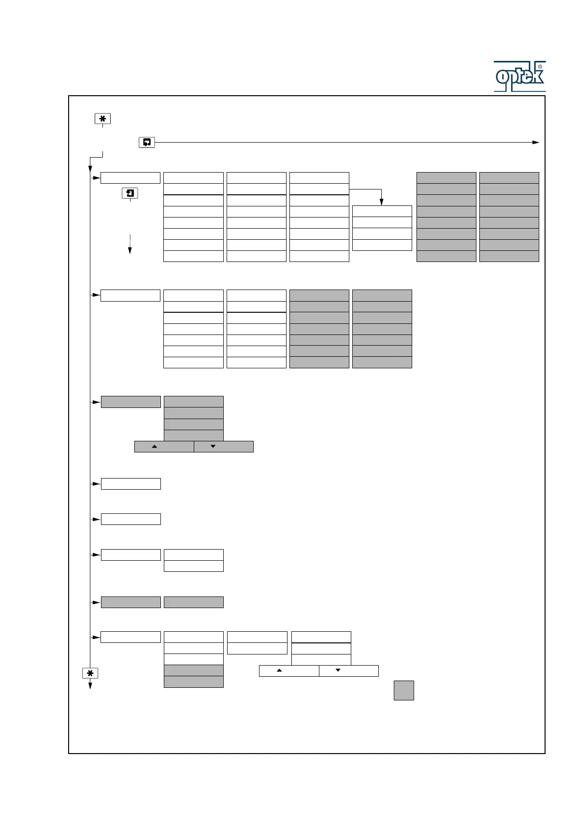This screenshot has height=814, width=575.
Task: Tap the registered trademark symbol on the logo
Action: point(540,67)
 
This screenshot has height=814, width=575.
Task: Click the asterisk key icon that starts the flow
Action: point(102,118)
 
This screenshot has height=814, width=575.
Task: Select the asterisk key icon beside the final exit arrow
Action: point(90,673)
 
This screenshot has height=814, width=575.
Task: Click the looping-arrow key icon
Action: point(147,142)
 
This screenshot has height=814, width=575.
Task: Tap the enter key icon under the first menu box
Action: point(129,193)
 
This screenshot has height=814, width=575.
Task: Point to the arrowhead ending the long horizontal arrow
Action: point(535,142)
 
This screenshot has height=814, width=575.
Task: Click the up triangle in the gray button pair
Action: point(155,447)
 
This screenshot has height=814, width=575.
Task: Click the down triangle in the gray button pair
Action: point(213,447)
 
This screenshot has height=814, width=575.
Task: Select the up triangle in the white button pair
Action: point(279,670)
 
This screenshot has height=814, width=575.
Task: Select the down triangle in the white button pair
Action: point(338,670)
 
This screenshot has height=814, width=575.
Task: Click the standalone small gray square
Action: point(403,690)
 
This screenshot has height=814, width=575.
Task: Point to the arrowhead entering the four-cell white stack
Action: point(381,202)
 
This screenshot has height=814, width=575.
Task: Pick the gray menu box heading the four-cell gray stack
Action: point(131,402)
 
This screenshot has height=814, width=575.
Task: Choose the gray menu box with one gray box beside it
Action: point(131,602)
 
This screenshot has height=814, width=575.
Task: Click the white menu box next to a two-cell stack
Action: point(131,554)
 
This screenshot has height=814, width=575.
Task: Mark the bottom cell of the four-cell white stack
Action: point(382,245)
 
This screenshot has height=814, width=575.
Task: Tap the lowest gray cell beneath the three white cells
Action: point(193,682)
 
